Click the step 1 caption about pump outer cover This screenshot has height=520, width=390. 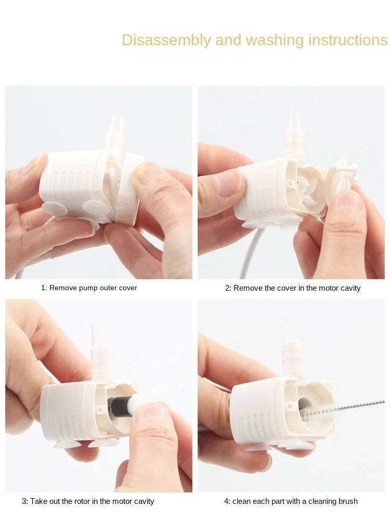(x=89, y=288)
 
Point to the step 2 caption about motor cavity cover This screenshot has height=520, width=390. (x=293, y=288)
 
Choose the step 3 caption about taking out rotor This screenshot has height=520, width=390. (x=88, y=501)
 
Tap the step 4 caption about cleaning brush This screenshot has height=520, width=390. (x=291, y=501)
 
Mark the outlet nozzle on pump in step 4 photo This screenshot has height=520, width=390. (x=293, y=356)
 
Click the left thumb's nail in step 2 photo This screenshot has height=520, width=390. (x=229, y=184)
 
